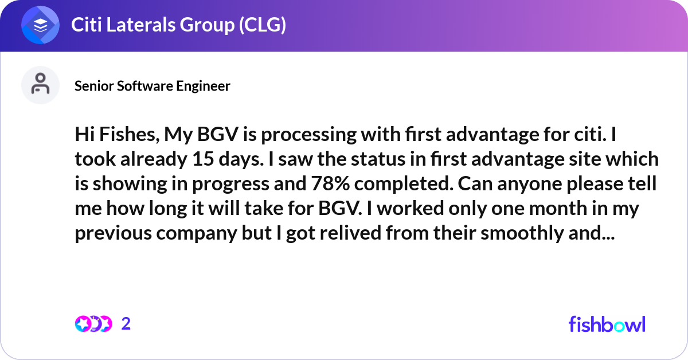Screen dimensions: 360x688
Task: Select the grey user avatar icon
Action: tap(40, 85)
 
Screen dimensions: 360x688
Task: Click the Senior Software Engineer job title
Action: tap(153, 86)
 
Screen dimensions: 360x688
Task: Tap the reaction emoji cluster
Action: tap(93, 324)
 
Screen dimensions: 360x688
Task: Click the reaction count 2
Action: tap(126, 324)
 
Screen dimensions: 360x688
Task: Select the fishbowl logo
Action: tap(607, 324)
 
